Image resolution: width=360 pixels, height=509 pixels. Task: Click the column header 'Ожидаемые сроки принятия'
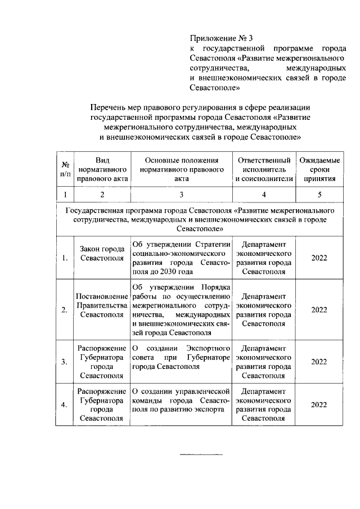point(319,169)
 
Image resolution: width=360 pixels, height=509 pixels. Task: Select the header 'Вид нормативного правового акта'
point(102,169)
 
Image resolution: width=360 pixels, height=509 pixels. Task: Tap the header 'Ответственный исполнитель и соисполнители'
point(264,169)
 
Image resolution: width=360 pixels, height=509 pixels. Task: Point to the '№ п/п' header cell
point(65,169)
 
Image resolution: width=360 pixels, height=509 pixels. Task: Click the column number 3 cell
point(181,195)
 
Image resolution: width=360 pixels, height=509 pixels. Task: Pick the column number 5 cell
point(319,195)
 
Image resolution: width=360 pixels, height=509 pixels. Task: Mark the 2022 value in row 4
point(319,404)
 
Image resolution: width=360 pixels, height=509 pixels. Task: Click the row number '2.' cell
point(65,310)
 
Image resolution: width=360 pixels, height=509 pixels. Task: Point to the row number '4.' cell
point(65,404)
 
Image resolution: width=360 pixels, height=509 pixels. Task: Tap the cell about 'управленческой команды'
point(181,400)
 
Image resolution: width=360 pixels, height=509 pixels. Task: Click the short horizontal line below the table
point(201,454)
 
